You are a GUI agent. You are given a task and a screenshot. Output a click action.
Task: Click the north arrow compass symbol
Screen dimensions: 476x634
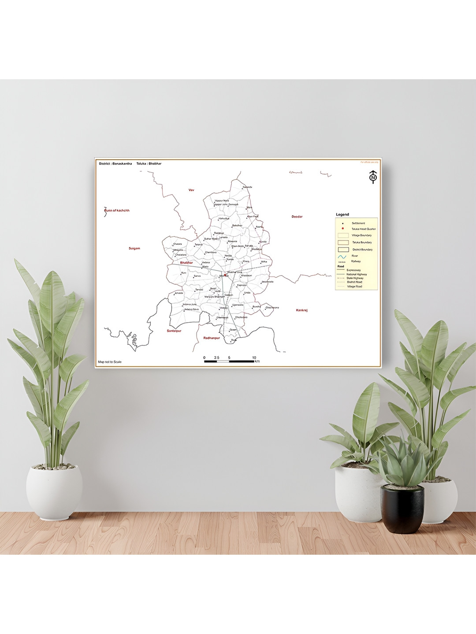click(x=373, y=177)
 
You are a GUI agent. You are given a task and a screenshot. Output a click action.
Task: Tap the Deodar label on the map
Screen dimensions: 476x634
click(x=297, y=217)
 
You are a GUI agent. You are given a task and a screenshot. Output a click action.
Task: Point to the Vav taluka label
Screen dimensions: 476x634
click(x=191, y=190)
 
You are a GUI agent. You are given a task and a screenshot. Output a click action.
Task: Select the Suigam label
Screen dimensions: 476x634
click(x=134, y=248)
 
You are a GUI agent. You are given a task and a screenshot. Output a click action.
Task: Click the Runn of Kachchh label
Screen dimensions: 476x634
click(x=117, y=210)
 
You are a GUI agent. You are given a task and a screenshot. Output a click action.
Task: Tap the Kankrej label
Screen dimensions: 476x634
click(x=302, y=310)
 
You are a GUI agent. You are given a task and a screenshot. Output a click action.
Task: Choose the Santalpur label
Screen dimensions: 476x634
click(x=174, y=331)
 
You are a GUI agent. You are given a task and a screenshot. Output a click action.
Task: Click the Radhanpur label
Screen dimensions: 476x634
click(x=212, y=338)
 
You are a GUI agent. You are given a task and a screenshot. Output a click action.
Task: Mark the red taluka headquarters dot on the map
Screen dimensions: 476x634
click(x=226, y=275)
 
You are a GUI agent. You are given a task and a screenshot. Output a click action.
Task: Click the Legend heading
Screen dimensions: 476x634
click(x=342, y=214)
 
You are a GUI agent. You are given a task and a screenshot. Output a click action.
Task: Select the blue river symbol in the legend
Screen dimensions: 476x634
click(x=342, y=256)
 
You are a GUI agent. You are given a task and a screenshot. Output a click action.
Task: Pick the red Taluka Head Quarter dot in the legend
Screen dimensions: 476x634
click(x=342, y=229)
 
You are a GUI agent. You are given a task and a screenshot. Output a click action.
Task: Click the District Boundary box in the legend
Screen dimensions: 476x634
click(x=343, y=250)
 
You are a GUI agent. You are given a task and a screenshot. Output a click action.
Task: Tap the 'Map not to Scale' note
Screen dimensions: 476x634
click(x=110, y=362)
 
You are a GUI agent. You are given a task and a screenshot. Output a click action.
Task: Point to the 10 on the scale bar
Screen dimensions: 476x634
click(x=254, y=358)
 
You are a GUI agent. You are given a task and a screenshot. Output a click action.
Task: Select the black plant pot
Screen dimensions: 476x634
click(x=402, y=509)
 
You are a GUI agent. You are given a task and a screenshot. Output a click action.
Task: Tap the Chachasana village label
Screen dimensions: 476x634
click(x=272, y=308)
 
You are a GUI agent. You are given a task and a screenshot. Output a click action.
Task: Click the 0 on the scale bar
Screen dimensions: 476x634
click(x=204, y=358)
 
